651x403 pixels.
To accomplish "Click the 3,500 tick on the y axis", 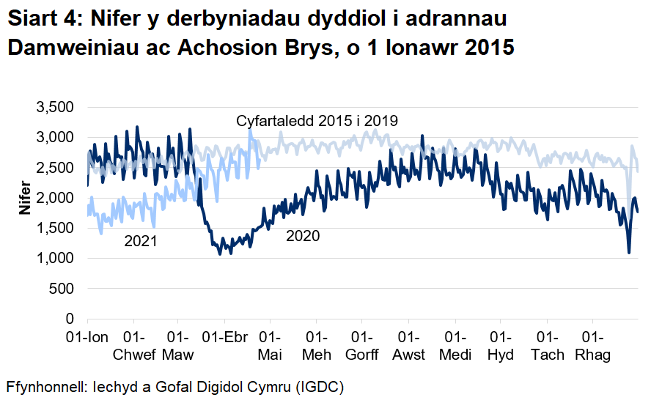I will tap(55, 107).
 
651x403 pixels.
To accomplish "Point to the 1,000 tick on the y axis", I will tap(55, 259).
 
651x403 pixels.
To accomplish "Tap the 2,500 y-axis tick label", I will tap(55, 168).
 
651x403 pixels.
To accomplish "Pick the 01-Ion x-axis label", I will tap(88, 338).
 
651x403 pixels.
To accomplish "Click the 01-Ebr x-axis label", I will tap(224, 338).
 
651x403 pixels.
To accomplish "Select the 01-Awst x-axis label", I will tap(409, 346).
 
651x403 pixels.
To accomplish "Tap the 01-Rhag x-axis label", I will tap(593, 346).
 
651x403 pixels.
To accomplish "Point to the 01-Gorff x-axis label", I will tap(363, 346).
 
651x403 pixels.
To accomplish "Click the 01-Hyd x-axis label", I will tap(501, 346).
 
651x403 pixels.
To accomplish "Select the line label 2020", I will tap(302, 236).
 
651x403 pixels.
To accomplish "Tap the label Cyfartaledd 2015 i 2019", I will tap(317, 121).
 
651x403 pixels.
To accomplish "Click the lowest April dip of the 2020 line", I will tap(219, 254).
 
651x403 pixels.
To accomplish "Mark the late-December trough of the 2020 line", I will tap(629, 253).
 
